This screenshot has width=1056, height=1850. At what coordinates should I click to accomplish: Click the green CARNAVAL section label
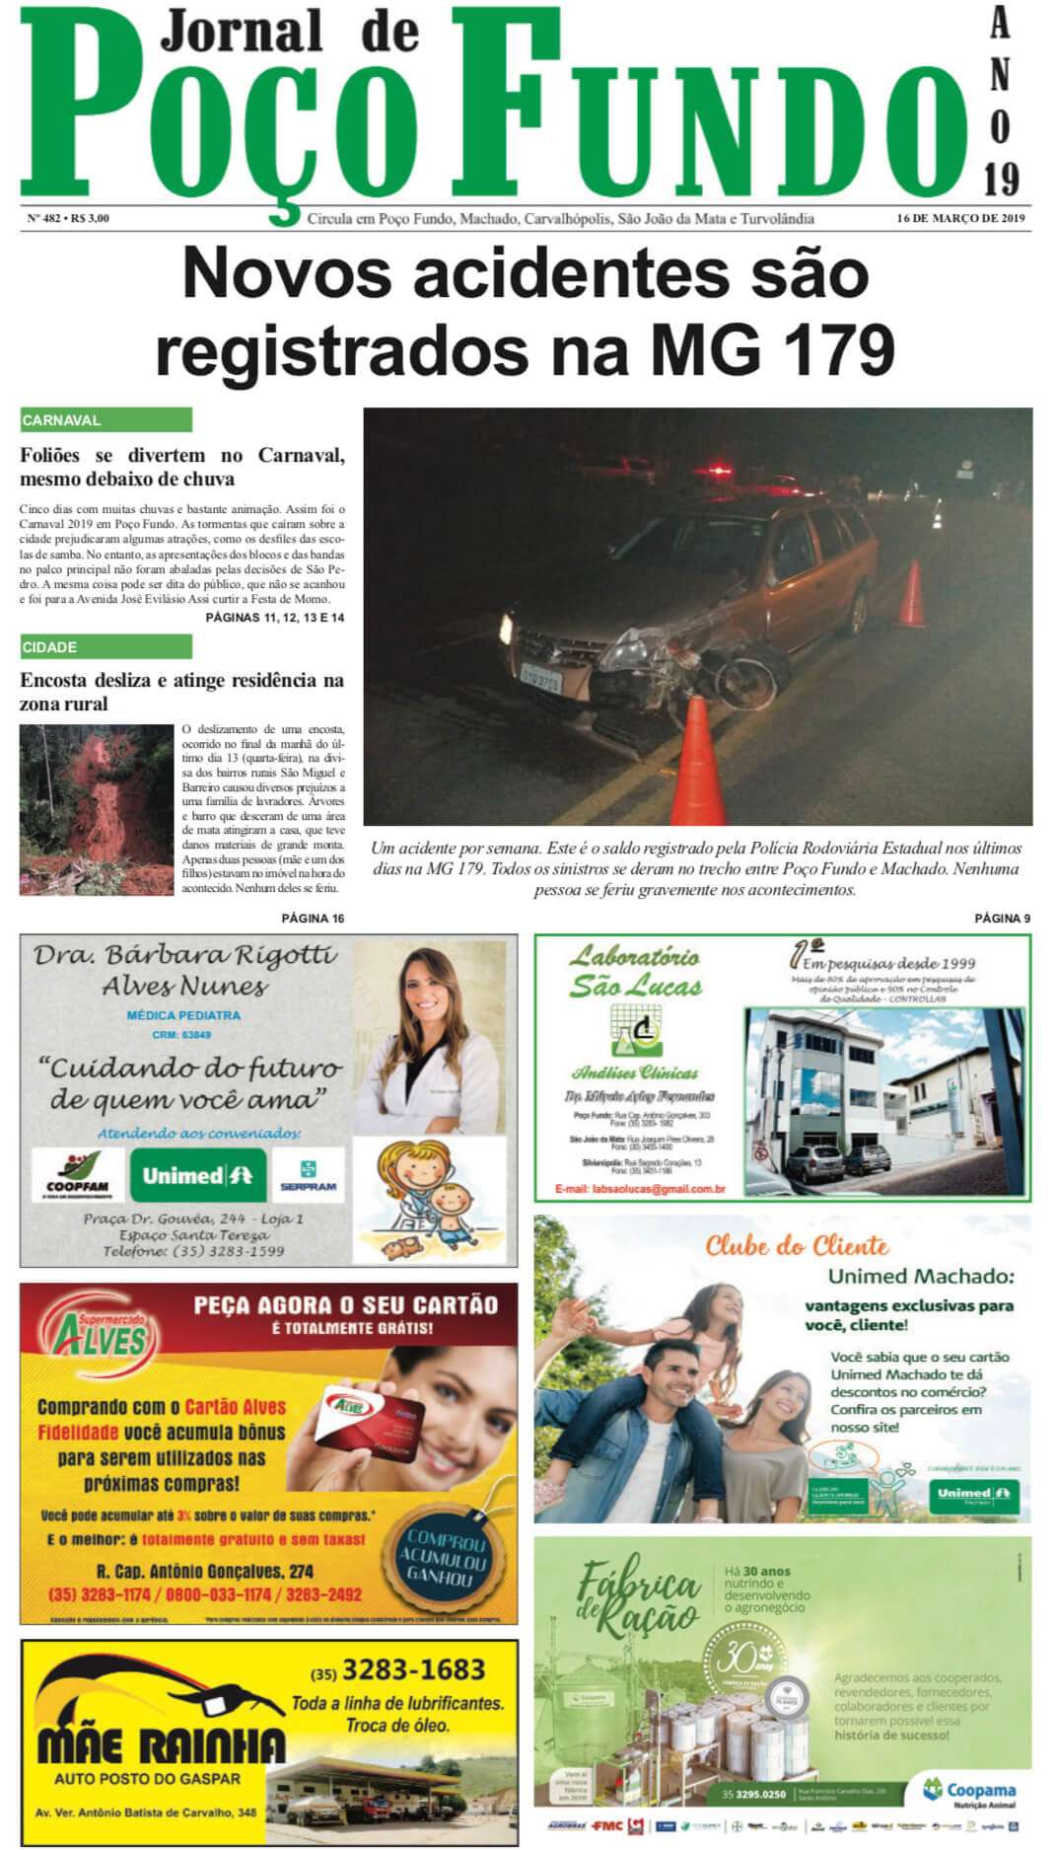click(x=106, y=420)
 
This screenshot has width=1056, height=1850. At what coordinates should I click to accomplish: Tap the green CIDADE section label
click(x=106, y=647)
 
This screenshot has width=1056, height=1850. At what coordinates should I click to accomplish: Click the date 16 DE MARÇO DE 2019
click(x=960, y=218)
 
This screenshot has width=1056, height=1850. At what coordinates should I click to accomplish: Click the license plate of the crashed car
click(x=541, y=680)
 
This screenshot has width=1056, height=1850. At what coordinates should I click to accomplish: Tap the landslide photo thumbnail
click(x=97, y=810)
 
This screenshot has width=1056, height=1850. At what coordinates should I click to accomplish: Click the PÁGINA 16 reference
click(x=313, y=919)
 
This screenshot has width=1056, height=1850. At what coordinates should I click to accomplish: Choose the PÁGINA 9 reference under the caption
click(x=1002, y=919)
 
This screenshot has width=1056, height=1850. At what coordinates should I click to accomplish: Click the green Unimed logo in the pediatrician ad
click(x=198, y=1175)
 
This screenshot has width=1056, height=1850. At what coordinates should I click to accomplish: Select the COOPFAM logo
click(x=77, y=1176)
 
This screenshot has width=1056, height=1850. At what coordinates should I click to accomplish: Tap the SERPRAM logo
click(x=308, y=1175)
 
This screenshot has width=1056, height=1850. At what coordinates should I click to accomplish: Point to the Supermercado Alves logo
click(x=100, y=1339)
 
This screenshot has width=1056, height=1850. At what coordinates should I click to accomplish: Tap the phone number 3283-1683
click(x=412, y=1669)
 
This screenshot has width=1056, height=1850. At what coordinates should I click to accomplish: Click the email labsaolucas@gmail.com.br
click(x=640, y=1189)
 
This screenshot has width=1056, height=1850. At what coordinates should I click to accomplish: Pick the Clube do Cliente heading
click(x=797, y=1246)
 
